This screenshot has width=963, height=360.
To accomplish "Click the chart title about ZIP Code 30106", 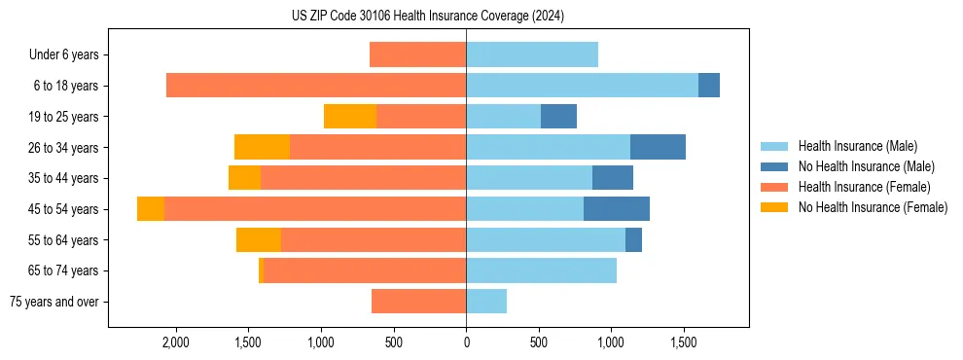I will (428, 17).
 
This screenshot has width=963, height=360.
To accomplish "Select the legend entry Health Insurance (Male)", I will (856, 146).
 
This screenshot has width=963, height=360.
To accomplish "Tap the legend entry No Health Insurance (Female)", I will (873, 207).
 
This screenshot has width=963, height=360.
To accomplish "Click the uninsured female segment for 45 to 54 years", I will (151, 209).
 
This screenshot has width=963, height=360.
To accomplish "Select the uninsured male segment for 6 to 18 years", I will (709, 86).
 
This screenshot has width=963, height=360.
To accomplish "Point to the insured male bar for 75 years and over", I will (486, 302).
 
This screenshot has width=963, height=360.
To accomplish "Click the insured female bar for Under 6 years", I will (418, 54).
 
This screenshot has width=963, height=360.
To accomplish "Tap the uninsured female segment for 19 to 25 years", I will (350, 117).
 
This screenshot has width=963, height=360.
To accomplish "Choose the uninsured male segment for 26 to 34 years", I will (658, 147).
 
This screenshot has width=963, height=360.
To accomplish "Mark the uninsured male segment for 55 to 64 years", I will (633, 239).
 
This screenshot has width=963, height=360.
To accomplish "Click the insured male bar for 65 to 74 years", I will (541, 270).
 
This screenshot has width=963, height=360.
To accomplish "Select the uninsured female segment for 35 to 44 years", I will (244, 178).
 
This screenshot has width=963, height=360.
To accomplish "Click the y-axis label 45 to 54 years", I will (64, 209).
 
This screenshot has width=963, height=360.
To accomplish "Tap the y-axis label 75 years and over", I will (54, 302).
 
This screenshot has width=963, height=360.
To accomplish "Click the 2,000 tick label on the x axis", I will (176, 342).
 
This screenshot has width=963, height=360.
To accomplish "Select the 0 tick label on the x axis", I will (466, 342).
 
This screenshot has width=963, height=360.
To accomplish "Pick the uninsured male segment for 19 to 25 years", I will (558, 117).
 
